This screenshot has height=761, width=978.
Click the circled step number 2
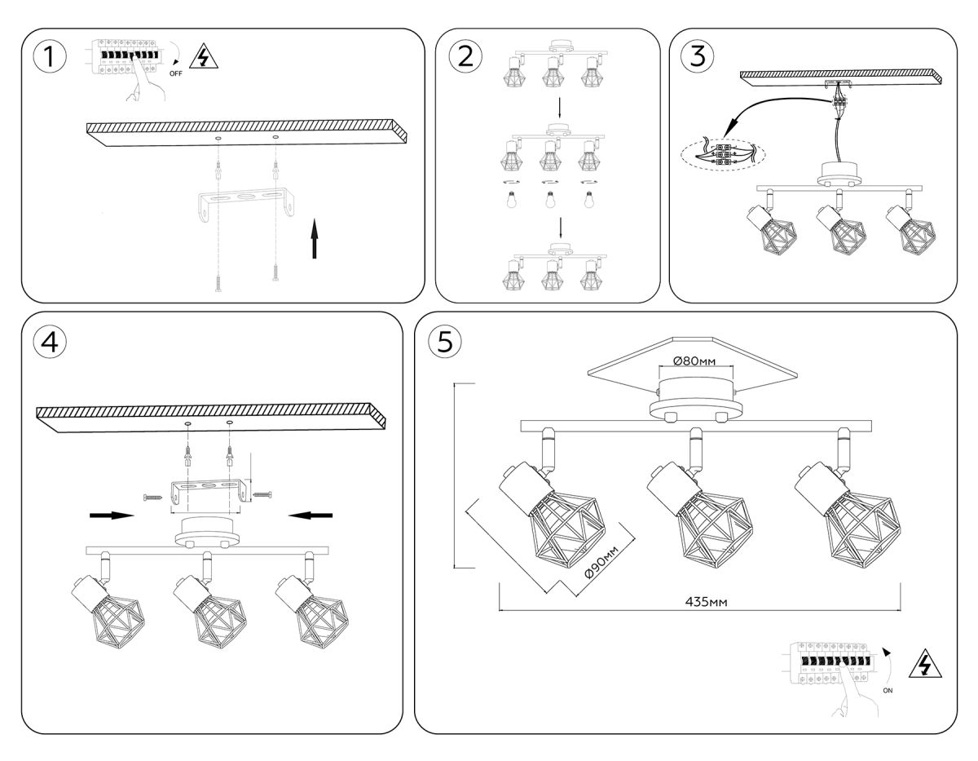point(465,56)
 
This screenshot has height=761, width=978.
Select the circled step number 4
point(50,343)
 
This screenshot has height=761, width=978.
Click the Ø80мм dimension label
point(694,361)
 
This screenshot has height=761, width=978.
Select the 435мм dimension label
point(706,601)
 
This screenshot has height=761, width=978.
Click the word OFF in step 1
point(175,73)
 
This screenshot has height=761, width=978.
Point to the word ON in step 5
point(888,690)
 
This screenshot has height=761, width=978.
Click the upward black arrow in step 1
point(315,238)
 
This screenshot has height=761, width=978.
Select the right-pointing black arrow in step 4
point(112,515)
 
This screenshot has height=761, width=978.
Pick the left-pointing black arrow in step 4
point(311,514)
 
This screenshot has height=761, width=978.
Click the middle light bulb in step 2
point(550,200)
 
